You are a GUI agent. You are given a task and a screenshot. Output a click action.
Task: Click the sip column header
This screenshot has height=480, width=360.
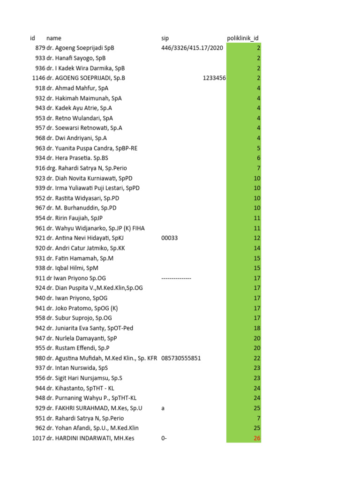(x=165, y=38)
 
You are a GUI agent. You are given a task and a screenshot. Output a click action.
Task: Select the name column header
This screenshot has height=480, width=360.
(x=54, y=38)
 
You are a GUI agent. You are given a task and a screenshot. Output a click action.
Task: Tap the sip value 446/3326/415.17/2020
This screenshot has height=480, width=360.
(x=192, y=48)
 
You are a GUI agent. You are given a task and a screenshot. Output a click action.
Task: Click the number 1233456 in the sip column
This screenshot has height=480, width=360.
(x=214, y=78)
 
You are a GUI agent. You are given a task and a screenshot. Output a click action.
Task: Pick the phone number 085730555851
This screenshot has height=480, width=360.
(x=181, y=358)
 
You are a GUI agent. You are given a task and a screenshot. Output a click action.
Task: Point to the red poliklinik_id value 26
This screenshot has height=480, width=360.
(x=257, y=438)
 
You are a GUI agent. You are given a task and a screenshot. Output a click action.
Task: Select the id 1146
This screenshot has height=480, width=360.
(x=38, y=78)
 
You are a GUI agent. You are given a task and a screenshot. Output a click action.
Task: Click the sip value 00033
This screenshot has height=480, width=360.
(x=169, y=238)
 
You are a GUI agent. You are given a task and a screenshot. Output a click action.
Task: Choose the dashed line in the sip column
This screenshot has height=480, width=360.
(x=176, y=278)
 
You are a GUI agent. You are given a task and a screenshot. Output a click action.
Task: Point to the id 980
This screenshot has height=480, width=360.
(x=40, y=358)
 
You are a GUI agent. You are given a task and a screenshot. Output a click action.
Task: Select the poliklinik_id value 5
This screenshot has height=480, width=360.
(x=258, y=148)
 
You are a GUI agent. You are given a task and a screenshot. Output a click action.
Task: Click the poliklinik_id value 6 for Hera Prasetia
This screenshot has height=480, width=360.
(x=258, y=158)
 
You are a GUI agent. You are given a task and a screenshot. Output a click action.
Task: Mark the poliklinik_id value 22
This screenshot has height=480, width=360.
(x=257, y=358)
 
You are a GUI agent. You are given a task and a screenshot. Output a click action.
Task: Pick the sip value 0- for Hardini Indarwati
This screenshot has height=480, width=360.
(x=164, y=438)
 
